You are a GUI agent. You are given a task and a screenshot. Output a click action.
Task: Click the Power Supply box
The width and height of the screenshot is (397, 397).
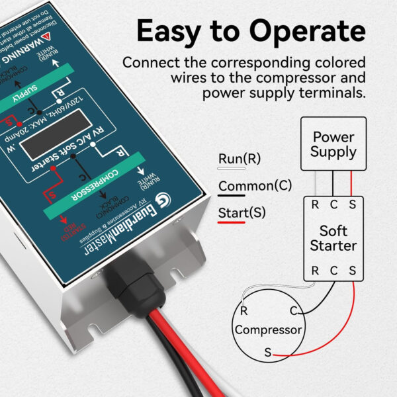333,144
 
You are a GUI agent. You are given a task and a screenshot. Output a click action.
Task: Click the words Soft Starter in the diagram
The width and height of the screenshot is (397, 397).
337,238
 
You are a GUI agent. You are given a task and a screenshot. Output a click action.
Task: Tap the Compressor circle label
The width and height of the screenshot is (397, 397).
269,330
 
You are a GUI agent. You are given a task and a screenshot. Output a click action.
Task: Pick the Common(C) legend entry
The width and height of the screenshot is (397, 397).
255,186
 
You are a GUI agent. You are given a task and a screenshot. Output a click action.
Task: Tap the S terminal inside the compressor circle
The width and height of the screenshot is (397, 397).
268,353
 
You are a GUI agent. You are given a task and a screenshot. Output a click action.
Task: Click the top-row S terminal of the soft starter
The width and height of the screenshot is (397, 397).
352,204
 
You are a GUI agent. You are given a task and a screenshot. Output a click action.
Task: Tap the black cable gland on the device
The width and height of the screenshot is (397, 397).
134,278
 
